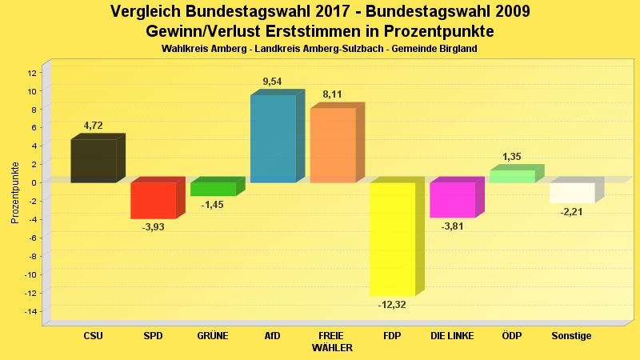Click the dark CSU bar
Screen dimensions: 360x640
94,161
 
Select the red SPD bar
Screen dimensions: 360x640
153,200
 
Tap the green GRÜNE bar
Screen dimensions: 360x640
213,189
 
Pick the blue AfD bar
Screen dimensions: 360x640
273,139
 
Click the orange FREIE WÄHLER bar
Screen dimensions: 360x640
333,146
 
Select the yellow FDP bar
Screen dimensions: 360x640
392,238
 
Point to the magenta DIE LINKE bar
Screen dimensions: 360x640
452,200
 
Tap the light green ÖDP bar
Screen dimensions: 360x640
512,176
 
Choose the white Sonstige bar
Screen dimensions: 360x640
572,193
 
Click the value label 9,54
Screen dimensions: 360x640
273,82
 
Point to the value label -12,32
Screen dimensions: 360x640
392,304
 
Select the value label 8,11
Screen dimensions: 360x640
333,95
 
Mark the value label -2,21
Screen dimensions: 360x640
572,212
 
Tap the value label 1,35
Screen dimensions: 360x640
512,157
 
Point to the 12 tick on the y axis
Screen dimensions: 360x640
32,73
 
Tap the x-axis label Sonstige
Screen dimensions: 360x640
571,336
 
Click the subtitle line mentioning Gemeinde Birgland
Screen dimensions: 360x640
319,49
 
